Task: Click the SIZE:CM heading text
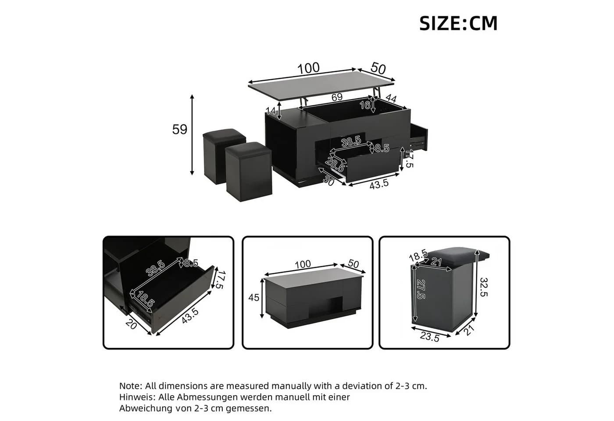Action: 458,23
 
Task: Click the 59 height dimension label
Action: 179,129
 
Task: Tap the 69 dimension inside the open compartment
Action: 337,97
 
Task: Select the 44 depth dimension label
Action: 391,98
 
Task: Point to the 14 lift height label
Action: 271,111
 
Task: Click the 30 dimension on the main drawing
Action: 328,181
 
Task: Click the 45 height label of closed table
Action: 253,297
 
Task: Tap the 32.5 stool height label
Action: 484,287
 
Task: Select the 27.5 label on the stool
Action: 421,289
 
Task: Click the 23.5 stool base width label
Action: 429,337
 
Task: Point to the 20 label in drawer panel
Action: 131,325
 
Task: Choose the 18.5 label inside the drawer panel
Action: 146,299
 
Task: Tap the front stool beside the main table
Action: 249,171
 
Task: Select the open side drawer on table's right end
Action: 419,137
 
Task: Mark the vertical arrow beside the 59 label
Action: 192,135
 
